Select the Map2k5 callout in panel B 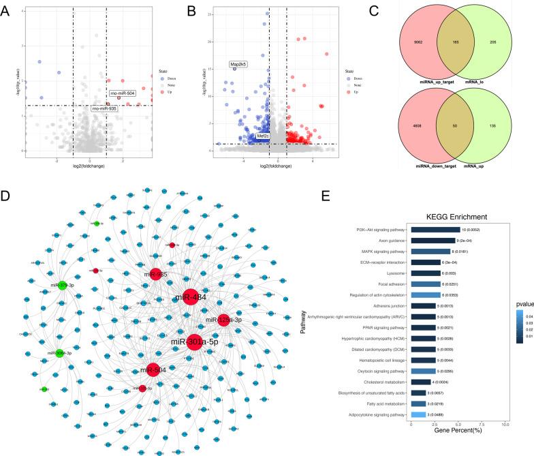[238, 65]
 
